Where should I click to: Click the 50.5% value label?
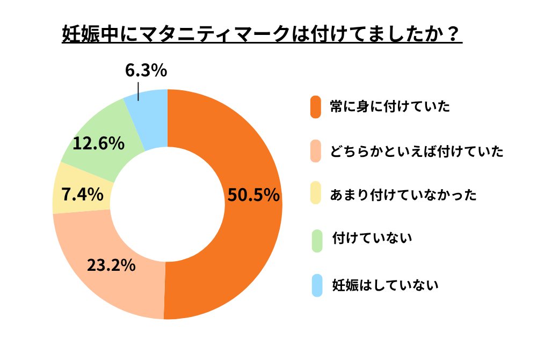point(253,195)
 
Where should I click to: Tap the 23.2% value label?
point(111,265)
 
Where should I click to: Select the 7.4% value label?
point(82,194)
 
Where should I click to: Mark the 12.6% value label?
point(99,143)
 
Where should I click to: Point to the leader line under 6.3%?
point(139,91)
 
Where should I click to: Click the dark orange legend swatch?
point(316,106)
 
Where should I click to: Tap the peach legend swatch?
point(316,151)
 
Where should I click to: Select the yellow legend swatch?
point(316,194)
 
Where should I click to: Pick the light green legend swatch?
point(316,240)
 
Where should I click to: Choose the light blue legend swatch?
point(316,285)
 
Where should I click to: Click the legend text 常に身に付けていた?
point(389,106)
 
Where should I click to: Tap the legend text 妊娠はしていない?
point(385,285)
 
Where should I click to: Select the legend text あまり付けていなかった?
point(403,195)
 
